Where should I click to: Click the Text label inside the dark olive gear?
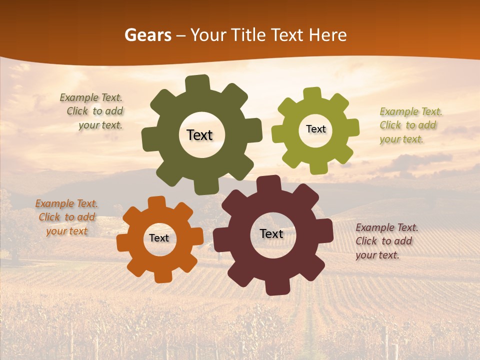pyautogui.click(x=199, y=135)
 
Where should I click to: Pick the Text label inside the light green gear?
pyautogui.click(x=315, y=129)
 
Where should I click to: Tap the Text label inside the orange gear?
pyautogui.click(x=159, y=238)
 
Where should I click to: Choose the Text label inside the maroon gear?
pyautogui.click(x=271, y=233)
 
